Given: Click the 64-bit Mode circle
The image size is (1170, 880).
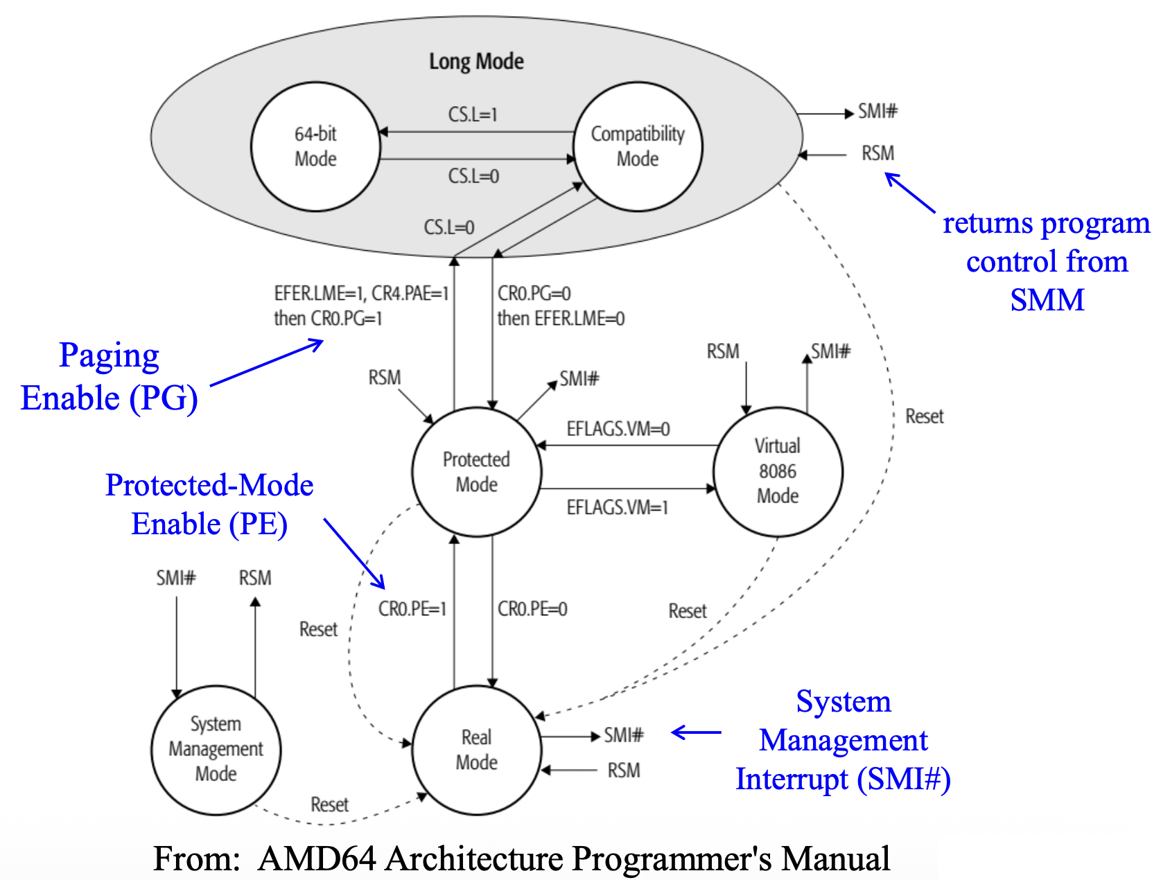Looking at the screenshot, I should (x=315, y=146).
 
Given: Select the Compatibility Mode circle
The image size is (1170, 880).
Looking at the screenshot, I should (x=638, y=146).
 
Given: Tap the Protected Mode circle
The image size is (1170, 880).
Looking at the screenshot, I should (x=476, y=472).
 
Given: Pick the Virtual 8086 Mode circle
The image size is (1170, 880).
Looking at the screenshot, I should (x=778, y=471).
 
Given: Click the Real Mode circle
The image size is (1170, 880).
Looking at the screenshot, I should (x=476, y=750).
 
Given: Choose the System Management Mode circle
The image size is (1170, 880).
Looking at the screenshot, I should (x=216, y=749).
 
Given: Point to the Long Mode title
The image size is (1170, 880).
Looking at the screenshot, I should (x=476, y=62).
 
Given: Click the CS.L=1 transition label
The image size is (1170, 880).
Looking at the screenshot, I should (x=473, y=114).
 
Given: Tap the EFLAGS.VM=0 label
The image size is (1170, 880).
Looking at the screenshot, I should (x=618, y=429).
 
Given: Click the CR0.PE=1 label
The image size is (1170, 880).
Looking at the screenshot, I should (x=412, y=609).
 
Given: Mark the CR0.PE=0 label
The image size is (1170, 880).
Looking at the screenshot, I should (x=532, y=609).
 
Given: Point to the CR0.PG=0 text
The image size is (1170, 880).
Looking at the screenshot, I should (x=534, y=294).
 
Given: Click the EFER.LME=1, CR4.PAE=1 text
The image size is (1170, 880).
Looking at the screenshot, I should (x=361, y=294).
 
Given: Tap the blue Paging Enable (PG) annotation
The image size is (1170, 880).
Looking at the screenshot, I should (x=109, y=377).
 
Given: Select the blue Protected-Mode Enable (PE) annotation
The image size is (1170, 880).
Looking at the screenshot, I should (x=209, y=504).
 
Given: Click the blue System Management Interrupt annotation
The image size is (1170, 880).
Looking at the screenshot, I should (x=843, y=740).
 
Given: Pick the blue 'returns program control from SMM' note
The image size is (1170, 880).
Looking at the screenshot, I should (x=1047, y=261).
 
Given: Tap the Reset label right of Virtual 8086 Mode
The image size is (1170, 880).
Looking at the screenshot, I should (x=925, y=416).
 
